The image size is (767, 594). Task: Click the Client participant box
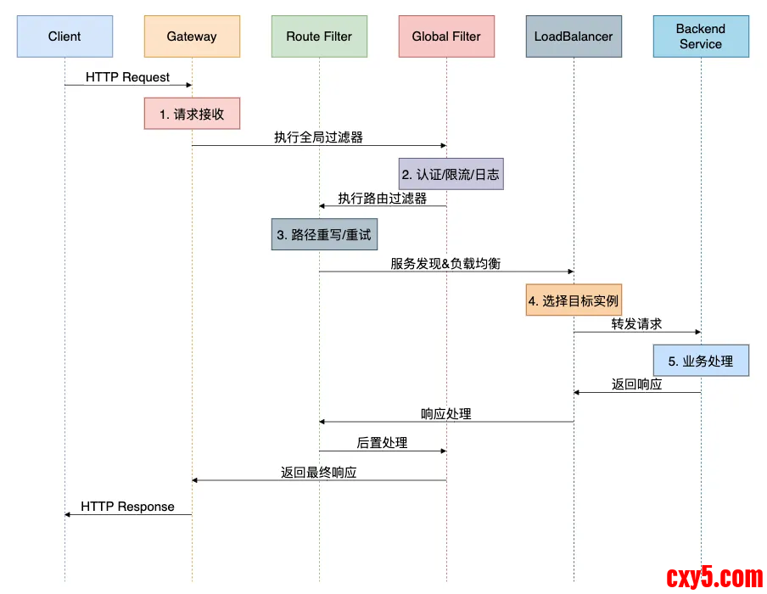[64, 36]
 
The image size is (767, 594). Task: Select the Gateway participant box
[192, 36]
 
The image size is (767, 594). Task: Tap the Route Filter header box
[319, 36]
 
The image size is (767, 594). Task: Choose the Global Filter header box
[446, 36]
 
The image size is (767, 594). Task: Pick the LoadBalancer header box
[574, 36]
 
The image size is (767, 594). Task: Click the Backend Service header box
[701, 36]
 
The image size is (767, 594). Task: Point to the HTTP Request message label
[127, 77]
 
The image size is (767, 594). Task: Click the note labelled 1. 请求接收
[192, 114]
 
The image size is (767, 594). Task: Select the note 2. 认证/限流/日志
[451, 174]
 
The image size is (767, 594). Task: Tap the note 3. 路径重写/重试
[324, 234]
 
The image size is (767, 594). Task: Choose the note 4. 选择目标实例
[574, 300]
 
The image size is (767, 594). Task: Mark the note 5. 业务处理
[701, 361]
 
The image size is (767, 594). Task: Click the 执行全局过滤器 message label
[319, 137]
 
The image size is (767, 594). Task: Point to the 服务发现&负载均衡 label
[445, 264]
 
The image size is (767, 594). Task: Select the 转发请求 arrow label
[636, 324]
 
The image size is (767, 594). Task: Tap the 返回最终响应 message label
[319, 473]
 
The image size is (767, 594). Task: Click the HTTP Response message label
[127, 507]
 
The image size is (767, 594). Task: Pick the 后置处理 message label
[382, 443]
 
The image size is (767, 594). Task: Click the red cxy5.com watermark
[714, 577]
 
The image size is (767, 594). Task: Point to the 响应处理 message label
[446, 414]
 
